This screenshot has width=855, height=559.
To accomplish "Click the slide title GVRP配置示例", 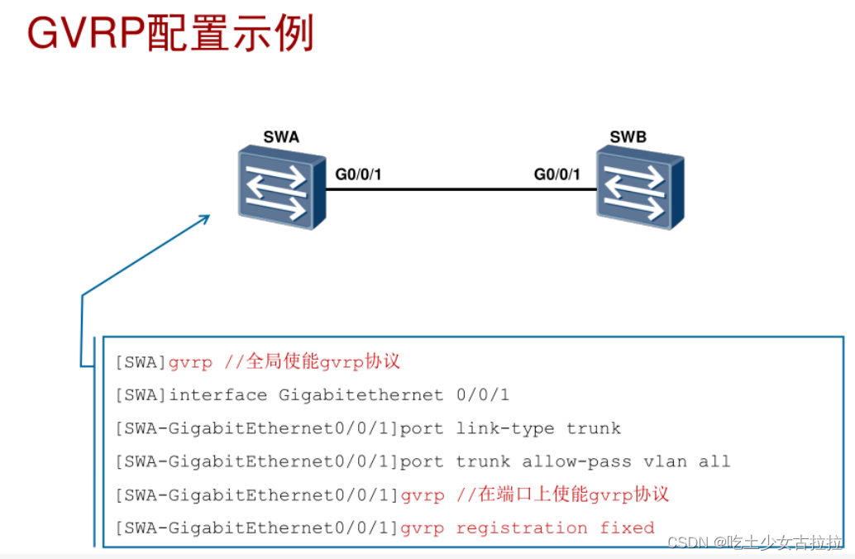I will coord(170,35).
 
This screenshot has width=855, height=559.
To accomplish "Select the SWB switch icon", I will coord(639,187).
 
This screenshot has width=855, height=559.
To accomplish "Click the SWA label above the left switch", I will coord(280,137).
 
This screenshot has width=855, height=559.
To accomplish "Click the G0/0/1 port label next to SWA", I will coord(358,174).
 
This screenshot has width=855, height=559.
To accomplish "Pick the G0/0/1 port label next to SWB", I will coord(556,174).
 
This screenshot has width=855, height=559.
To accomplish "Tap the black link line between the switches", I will coord(459,189).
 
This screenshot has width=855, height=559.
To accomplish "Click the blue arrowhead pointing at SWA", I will coord(202,220).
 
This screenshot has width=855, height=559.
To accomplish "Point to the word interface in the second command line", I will coord(218,395).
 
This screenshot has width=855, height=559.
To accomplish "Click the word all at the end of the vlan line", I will coord(714,461).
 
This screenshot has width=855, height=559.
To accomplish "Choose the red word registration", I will coord(521,528).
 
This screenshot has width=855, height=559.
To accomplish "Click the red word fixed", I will coord(627,528).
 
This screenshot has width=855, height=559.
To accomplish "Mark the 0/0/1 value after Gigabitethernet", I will coord(483,395).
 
